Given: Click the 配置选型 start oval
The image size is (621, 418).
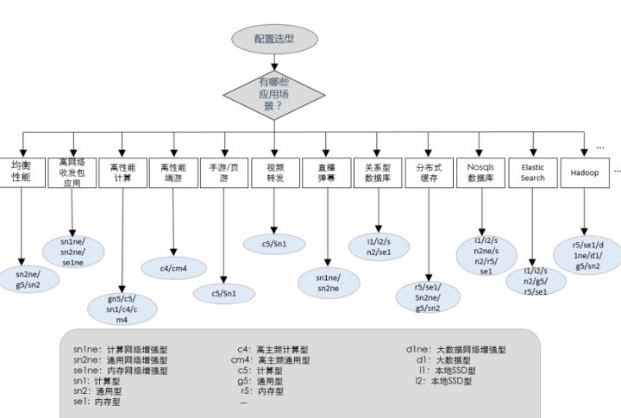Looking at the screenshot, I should (273, 39).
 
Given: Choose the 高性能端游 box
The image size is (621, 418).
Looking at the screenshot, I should (173, 172).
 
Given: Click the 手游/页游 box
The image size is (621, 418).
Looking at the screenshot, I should (224, 172).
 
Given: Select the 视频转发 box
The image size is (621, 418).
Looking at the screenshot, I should (274, 172).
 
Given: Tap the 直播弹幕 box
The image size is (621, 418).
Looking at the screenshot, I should (326, 172).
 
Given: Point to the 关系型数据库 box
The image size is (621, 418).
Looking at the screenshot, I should (377, 172).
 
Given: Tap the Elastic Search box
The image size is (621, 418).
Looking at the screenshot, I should (532, 172).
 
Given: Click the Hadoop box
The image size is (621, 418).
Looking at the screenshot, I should (584, 172).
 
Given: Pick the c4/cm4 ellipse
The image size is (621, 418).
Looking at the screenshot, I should (173, 268).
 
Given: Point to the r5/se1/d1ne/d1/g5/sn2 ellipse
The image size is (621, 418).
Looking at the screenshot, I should (590, 255).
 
